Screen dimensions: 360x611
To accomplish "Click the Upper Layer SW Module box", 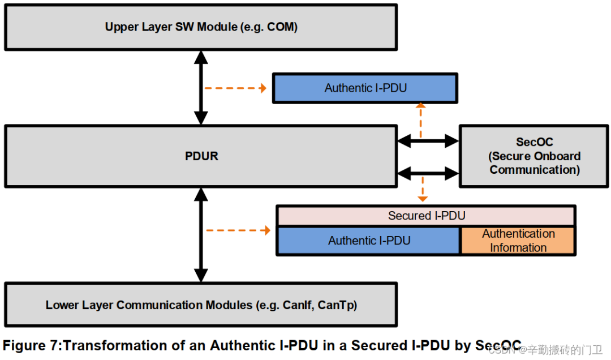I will pyautogui.click(x=201, y=27).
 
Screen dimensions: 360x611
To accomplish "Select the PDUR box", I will pyautogui.click(x=201, y=156).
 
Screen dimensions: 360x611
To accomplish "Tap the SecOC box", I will pyautogui.click(x=534, y=156).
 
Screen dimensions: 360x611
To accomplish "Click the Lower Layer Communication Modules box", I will pyautogui.click(x=201, y=305).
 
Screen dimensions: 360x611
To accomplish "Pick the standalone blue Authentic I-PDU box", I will pyautogui.click(x=365, y=88).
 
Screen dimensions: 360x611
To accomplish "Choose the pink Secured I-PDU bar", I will pyautogui.click(x=426, y=216).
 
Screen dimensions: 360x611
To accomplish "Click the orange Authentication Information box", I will pyautogui.click(x=518, y=241).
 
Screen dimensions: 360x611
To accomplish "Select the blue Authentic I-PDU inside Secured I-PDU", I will pyautogui.click(x=369, y=241).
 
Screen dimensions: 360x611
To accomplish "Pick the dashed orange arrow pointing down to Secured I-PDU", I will pyautogui.click(x=422, y=188).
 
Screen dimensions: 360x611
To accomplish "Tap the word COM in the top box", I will pyautogui.click(x=281, y=27).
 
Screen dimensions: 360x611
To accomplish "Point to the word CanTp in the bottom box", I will pyautogui.click(x=337, y=305).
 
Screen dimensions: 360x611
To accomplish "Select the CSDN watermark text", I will pyautogui.click(x=500, y=350).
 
